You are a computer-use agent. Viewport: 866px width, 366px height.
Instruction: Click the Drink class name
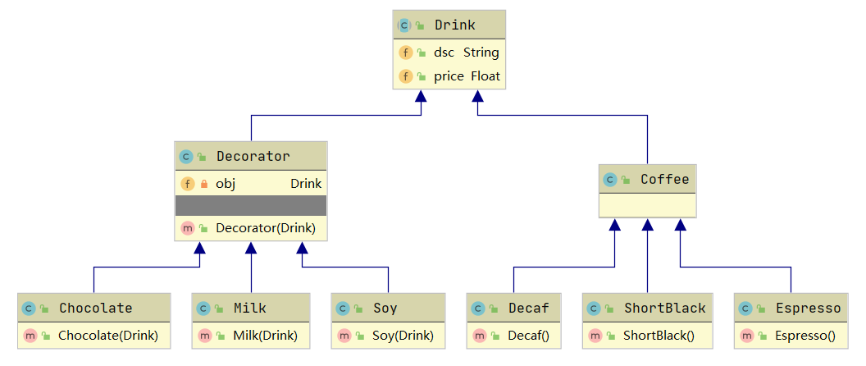[454, 25]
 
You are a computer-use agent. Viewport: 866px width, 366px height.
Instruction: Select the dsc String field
[466, 53]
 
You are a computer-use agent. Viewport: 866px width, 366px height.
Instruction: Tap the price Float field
[467, 76]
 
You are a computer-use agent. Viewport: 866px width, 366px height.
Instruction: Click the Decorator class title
[253, 157]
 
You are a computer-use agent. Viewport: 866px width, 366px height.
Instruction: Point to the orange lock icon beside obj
[204, 184]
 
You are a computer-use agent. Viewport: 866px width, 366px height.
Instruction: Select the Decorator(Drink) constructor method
[266, 228]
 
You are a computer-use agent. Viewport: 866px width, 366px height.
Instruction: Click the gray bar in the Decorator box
[251, 205]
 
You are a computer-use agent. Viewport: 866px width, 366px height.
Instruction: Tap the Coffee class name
[664, 179]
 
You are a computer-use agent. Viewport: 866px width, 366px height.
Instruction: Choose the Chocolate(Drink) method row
[108, 335]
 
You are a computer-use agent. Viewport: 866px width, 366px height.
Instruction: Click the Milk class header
[249, 308]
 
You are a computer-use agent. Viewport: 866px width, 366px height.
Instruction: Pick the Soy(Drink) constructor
[403, 335]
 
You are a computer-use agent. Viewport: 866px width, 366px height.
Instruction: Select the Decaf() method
[529, 335]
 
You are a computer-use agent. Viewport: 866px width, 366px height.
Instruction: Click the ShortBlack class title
[665, 308]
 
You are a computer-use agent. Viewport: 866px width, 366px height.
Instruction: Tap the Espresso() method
[804, 335]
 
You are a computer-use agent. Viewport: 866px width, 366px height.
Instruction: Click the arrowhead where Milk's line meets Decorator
[251, 248]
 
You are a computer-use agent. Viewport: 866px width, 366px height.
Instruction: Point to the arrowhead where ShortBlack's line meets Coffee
[648, 225]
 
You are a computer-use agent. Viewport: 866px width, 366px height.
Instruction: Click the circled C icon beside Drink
[404, 25]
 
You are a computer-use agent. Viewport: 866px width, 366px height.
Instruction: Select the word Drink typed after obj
[306, 184]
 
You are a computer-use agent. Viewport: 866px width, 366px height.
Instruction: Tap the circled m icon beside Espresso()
[746, 335]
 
